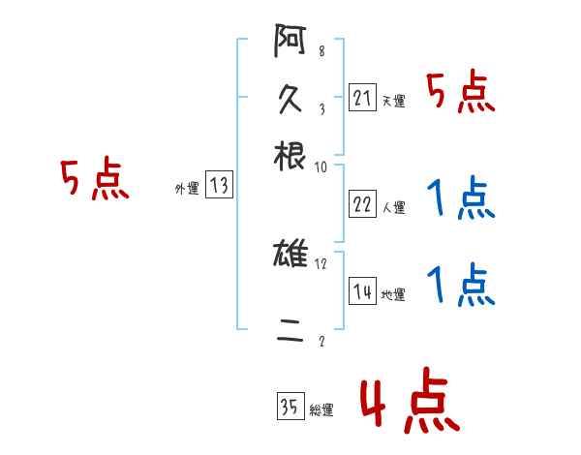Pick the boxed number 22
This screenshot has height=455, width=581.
click(363, 204)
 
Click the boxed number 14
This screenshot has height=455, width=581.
click(363, 292)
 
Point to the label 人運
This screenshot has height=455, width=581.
click(393, 207)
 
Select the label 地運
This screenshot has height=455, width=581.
click(393, 295)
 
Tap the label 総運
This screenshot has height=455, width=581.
click(321, 410)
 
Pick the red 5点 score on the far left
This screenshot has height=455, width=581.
click(94, 180)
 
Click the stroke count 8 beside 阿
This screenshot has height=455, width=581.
click(321, 51)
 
